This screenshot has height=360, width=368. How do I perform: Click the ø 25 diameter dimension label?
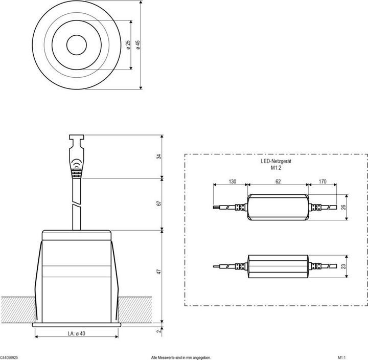127,44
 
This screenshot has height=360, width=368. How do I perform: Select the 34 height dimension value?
159,157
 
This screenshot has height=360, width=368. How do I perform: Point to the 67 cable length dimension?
159,204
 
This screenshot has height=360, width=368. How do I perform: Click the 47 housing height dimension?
159,272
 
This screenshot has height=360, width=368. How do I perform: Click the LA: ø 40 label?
76,334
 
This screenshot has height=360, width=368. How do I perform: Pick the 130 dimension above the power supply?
232,182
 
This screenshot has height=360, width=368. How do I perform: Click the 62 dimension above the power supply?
278,182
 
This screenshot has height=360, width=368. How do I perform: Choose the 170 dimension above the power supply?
323,182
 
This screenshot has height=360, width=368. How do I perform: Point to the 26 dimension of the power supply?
343,207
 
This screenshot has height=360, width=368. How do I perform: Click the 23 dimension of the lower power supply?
343,266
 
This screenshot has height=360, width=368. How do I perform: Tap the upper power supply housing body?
279,208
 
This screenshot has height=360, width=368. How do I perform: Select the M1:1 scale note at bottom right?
342,357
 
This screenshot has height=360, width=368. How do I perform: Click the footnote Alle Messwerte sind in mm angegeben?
181,357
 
